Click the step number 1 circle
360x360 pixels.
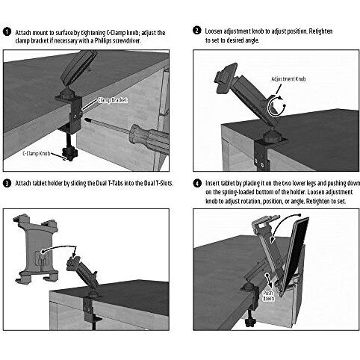pyautogui.click(x=7, y=32)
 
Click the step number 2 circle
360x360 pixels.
pyautogui.click(x=196, y=31)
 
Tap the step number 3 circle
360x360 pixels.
pyautogui.click(x=7, y=183)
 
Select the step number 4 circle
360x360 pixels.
pyautogui.click(x=197, y=184)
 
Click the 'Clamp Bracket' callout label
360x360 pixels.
pyautogui.click(x=113, y=100)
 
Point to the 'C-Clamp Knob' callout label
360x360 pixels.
pyautogui.click(x=37, y=153)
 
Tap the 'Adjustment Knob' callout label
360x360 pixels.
pyautogui.click(x=288, y=79)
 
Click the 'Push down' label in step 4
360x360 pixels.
pyautogui.click(x=268, y=296)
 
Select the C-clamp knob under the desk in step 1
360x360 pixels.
pyautogui.click(x=70, y=154)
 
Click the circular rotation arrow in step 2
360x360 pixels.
pyautogui.click(x=276, y=106)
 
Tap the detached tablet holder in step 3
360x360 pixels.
pyautogui.click(x=37, y=249)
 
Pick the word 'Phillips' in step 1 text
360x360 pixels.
pyautogui.click(x=103, y=41)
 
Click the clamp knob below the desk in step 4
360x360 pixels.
pyautogui.click(x=249, y=323)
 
